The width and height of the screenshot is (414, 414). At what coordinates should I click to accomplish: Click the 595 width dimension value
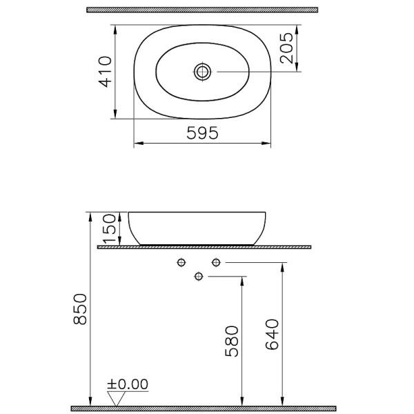click(x=202, y=134)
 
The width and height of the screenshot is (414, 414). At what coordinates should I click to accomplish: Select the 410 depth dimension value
click(x=105, y=71)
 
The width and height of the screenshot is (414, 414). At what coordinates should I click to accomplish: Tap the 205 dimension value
click(x=287, y=48)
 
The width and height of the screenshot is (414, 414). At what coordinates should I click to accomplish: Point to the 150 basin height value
click(x=109, y=226)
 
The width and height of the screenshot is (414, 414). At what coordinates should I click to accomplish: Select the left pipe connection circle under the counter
click(x=182, y=262)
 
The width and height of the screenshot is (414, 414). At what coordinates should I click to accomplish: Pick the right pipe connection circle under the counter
click(x=216, y=262)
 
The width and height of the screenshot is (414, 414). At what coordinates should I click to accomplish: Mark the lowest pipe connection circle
click(x=199, y=277)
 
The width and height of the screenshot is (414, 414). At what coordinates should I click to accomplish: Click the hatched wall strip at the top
click(x=202, y=10)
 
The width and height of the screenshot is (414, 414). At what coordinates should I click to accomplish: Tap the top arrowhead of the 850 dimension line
click(x=90, y=215)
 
